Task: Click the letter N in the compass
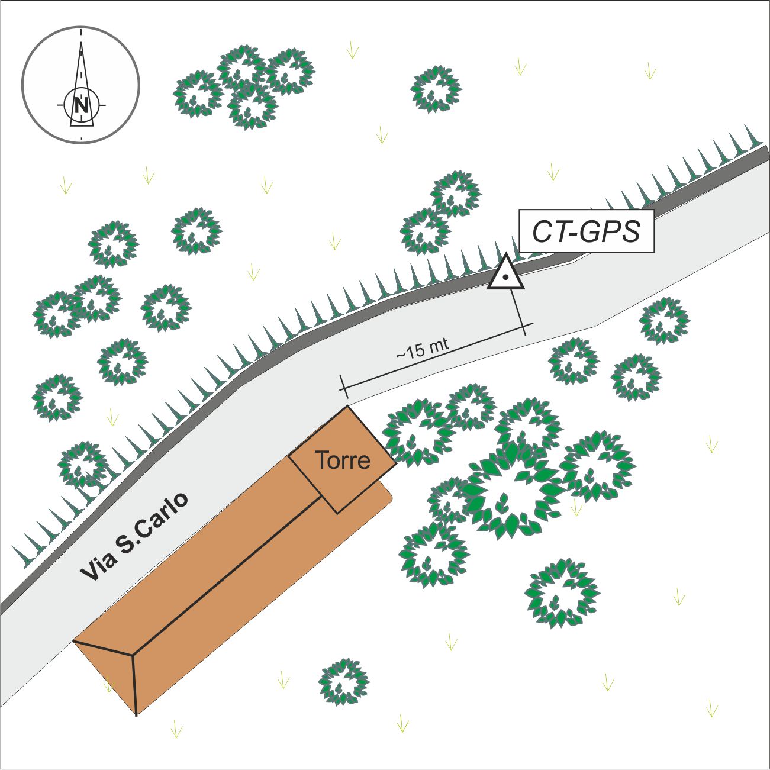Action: tap(82, 105)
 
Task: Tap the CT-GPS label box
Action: tap(586, 231)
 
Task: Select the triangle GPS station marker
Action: tap(505, 275)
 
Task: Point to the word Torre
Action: tap(343, 460)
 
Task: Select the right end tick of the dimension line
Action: tap(525, 325)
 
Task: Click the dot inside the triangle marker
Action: tap(505, 278)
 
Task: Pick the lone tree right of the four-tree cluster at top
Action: tap(436, 89)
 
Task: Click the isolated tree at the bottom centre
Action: tap(344, 682)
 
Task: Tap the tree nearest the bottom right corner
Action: tap(562, 592)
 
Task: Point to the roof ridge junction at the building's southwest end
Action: tap(132, 655)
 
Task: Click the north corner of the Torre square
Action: tap(347, 407)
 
